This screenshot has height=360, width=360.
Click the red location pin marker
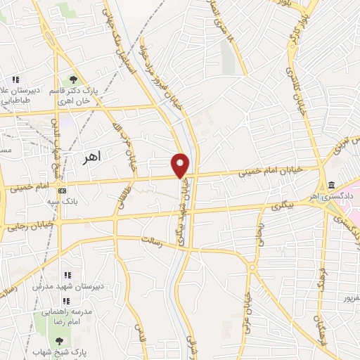click(181, 165)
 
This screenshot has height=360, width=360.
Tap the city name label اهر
click(91, 155)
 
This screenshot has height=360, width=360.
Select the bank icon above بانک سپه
click(63, 191)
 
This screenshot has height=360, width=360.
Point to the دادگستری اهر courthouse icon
click(330, 185)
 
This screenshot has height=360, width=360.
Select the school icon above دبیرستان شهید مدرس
click(67, 276)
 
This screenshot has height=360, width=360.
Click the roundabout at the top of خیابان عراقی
click(252, 266)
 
